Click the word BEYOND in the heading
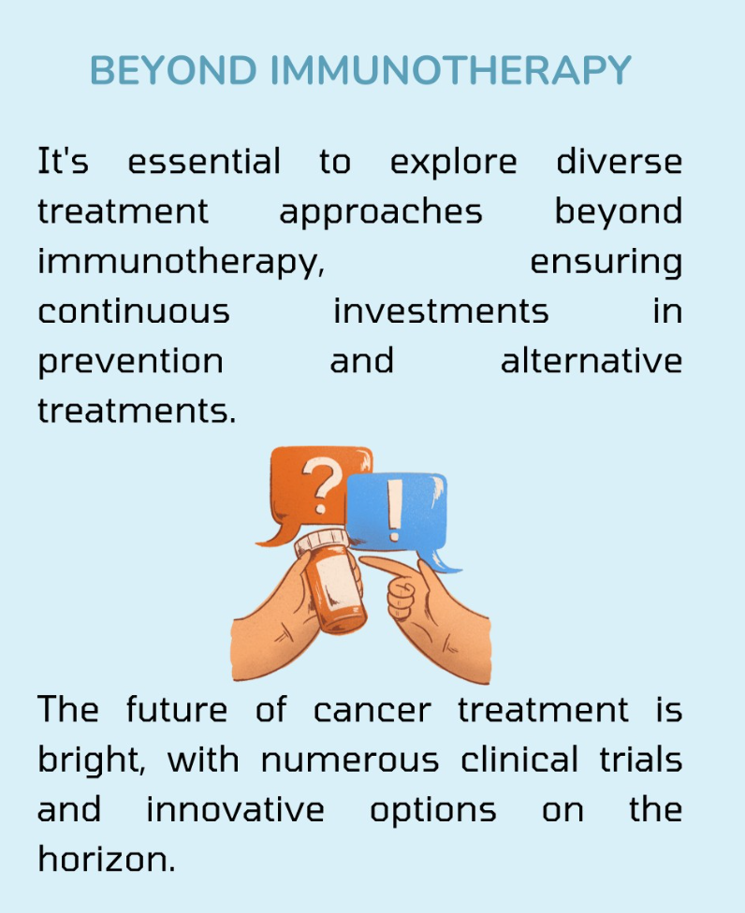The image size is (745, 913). pos(173,70)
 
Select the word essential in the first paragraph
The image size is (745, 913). pos(204,161)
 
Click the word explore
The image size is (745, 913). pos(453,163)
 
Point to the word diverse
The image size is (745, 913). pos(619,161)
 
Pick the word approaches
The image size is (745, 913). pos(381,212)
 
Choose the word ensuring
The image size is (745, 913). pos(606,263)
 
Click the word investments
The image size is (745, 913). pos(441,312)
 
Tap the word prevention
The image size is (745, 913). pos(130,362)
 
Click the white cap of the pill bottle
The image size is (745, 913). pos(322,543)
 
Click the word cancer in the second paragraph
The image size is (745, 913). pos(372,711)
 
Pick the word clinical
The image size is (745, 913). pos(519,760)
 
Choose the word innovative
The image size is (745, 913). pos(235,810)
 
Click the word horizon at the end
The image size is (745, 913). pos(106,860)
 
